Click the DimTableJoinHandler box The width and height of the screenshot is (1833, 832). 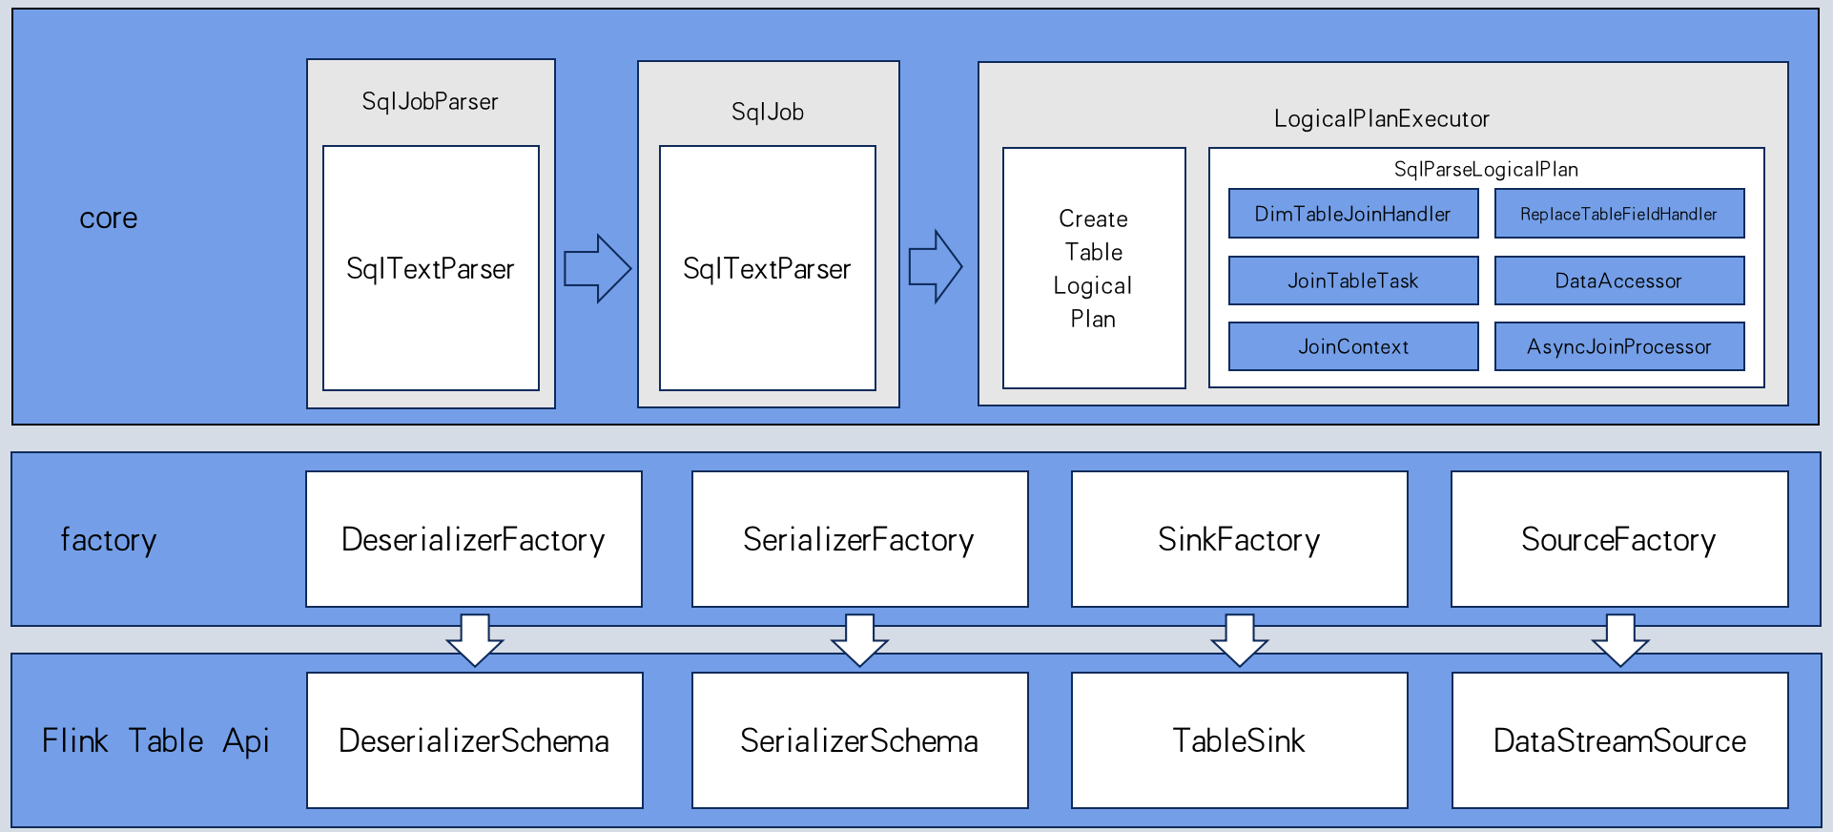click(1352, 214)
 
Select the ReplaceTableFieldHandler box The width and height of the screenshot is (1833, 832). click(1618, 214)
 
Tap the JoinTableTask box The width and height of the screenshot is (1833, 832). click(1352, 281)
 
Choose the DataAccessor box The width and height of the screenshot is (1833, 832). click(1618, 281)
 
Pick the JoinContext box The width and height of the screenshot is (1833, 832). click(1352, 346)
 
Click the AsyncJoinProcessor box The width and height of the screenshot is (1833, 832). click(1618, 346)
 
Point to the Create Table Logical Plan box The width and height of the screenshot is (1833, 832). click(1093, 268)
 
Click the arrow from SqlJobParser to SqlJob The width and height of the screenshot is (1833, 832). click(597, 268)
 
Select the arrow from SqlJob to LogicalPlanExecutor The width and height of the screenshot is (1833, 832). click(935, 266)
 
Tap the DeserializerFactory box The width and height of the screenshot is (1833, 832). click(473, 539)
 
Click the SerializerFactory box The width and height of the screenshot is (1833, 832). click(859, 539)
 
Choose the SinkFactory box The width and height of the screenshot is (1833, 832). click(1239, 539)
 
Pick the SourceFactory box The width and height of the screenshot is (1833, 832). click(1618, 539)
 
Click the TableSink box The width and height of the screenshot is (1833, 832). click(1239, 740)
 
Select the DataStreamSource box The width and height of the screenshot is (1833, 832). click(1619, 740)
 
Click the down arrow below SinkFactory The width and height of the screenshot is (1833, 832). click(1239, 640)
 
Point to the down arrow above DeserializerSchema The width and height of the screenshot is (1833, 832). click(475, 640)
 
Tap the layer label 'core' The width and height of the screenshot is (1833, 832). click(109, 218)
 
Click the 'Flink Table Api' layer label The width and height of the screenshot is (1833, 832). click(155, 740)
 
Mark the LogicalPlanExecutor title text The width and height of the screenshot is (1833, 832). click(1381, 119)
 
